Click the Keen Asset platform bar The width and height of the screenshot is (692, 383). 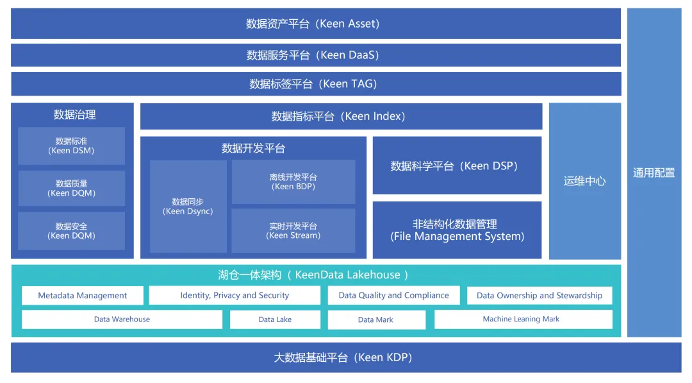click(315, 24)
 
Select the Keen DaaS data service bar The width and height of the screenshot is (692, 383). click(315, 55)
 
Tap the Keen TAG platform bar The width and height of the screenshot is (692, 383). click(315, 84)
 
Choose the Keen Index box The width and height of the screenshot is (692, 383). click(341, 116)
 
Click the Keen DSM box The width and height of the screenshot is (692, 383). click(71, 146)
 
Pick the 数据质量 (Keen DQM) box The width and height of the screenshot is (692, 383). click(71, 188)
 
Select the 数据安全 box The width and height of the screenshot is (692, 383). click(71, 231)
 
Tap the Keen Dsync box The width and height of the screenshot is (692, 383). click(188, 207)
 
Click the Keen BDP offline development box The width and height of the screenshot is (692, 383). click(293, 182)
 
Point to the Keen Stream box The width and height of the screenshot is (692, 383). click(293, 231)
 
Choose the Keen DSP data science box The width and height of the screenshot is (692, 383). click(457, 166)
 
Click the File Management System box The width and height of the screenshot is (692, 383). click(457, 230)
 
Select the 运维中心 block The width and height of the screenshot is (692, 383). click(584, 181)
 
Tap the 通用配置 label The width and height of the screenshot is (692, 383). click(654, 173)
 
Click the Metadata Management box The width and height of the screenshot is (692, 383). click(82, 296)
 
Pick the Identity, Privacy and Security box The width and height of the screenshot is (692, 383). click(235, 296)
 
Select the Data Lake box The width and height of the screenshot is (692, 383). click(275, 319)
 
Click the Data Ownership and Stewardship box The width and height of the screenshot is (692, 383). click(540, 296)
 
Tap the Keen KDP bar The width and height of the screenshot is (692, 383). click(346, 357)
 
